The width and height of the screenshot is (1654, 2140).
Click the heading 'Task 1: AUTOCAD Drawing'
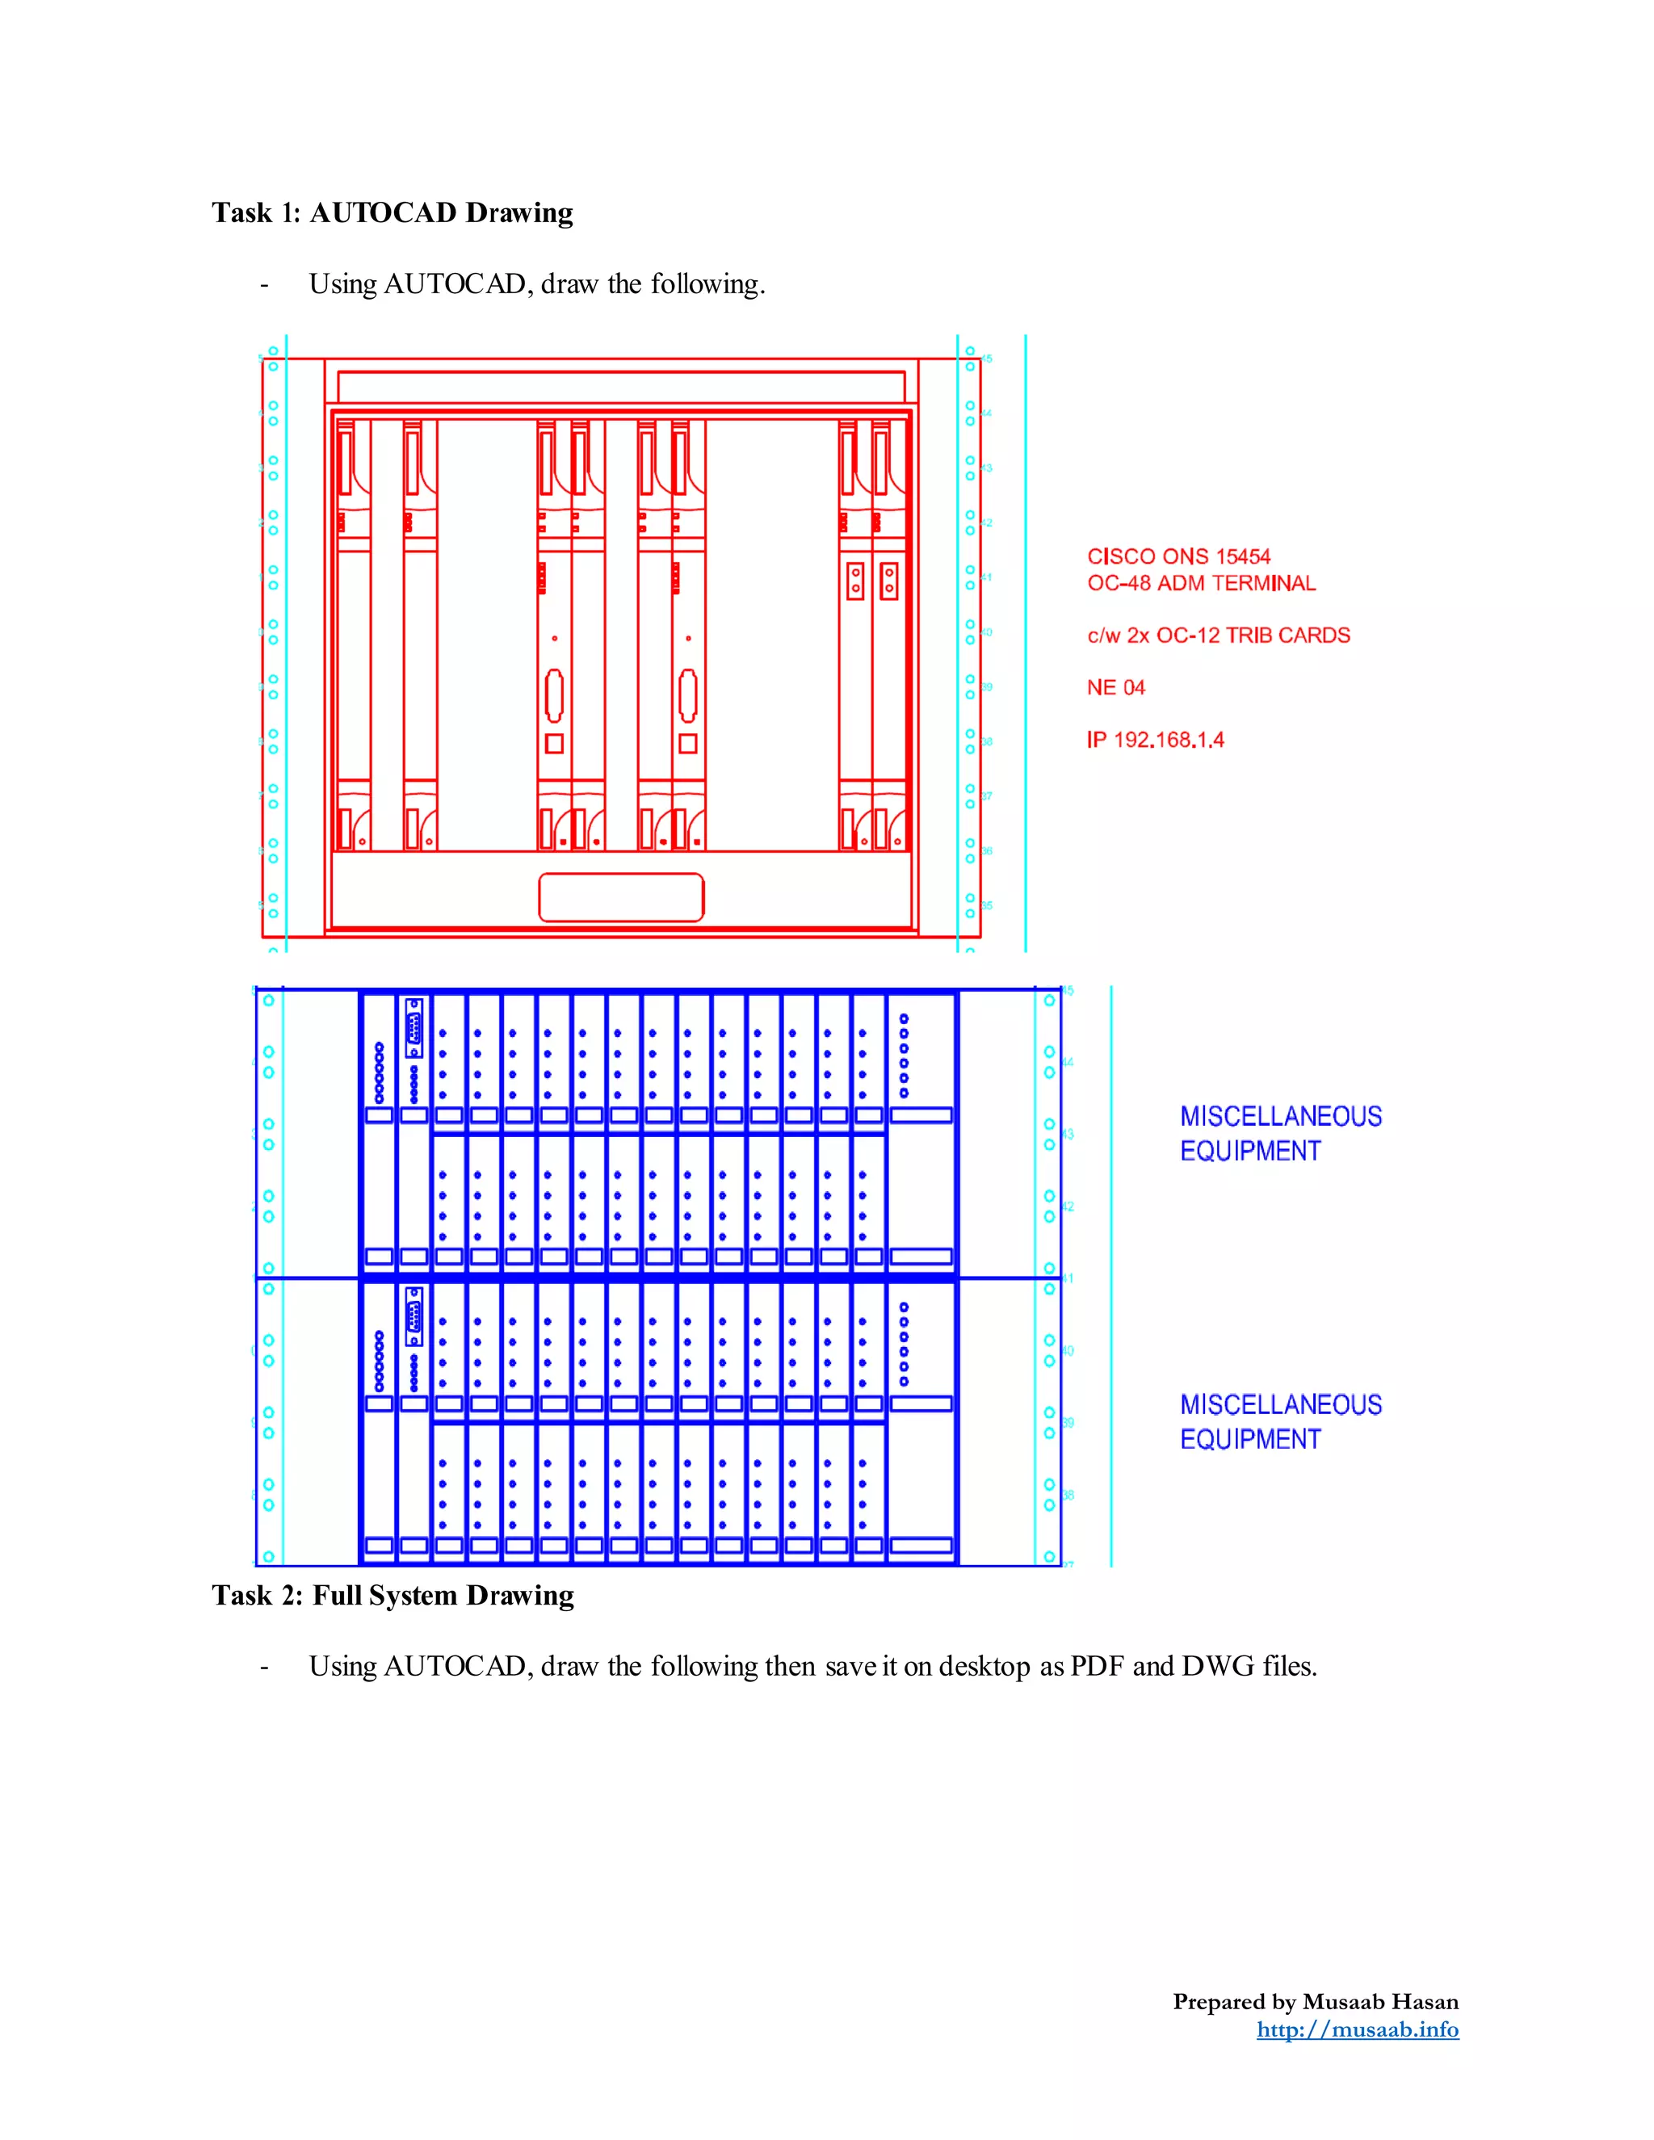[392, 212]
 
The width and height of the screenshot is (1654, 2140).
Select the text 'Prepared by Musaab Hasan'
[1315, 2001]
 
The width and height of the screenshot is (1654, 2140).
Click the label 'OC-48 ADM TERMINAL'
[1200, 583]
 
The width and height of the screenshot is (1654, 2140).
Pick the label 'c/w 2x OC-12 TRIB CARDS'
[1218, 635]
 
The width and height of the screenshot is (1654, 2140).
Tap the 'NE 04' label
[1115, 687]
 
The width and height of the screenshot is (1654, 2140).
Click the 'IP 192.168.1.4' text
[1154, 740]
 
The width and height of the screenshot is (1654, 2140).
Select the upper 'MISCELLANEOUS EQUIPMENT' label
[1280, 1134]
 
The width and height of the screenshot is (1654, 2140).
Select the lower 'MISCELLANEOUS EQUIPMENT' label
[1280, 1422]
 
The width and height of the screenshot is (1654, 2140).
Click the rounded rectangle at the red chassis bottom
[621, 897]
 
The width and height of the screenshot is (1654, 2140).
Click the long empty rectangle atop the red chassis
[621, 386]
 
